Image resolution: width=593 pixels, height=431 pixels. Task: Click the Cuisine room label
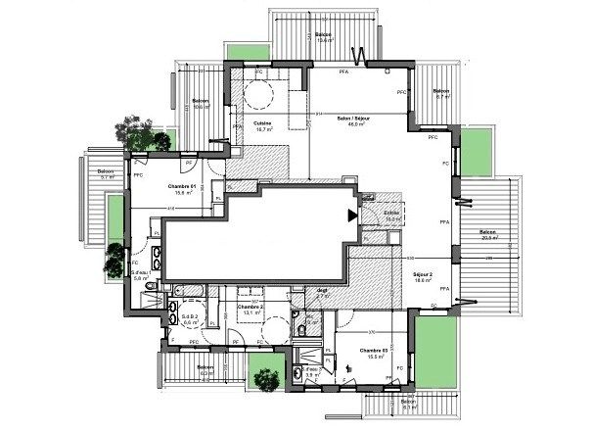point(261,123)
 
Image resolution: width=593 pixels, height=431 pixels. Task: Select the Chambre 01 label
point(183,188)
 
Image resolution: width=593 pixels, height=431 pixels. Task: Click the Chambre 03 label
point(375,353)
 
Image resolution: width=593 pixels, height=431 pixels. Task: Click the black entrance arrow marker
point(352,215)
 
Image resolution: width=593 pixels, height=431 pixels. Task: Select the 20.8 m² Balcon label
point(489,234)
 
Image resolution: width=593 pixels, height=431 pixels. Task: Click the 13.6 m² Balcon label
point(323,37)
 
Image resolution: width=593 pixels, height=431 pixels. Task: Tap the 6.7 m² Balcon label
point(440,94)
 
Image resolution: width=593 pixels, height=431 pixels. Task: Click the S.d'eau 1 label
point(140,274)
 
